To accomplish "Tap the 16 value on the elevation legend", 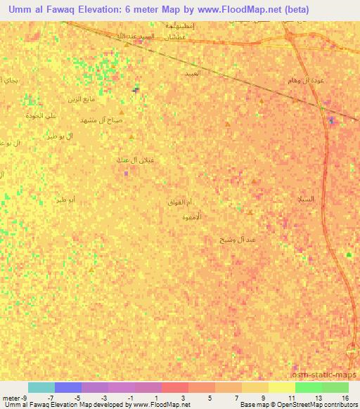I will pyautogui.click(x=345, y=398).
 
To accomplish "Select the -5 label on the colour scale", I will pyautogui.click(x=77, y=398).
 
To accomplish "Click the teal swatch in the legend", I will pyautogui.click(x=41, y=387).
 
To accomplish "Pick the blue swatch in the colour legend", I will pyautogui.click(x=67, y=387).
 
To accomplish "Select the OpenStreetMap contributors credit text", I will pyautogui.click(x=313, y=405).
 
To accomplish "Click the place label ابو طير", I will pyautogui.click(x=71, y=200).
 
